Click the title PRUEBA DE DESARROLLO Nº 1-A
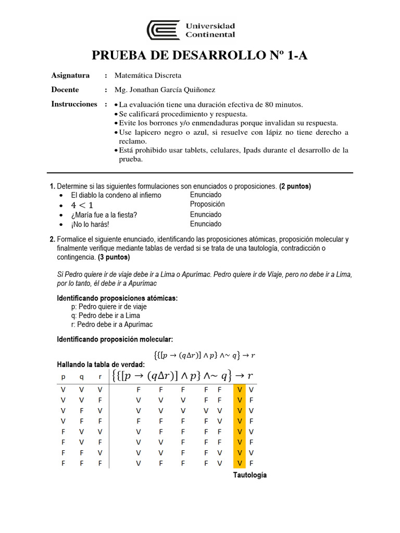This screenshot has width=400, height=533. pyautogui.click(x=199, y=56)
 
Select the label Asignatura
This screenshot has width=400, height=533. pyautogui.click(x=70, y=75)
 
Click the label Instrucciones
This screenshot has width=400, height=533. pyautogui.click(x=74, y=104)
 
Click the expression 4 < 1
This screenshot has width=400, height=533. pyautogui.click(x=82, y=205)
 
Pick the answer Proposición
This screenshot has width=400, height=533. pyautogui.click(x=207, y=205)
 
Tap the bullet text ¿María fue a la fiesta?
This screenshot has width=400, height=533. pyautogui.click(x=104, y=215)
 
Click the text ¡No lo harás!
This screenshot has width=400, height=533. pyautogui.click(x=90, y=225)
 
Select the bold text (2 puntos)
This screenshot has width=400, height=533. pyautogui.click(x=295, y=186)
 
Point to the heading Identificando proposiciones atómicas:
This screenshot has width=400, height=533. pyautogui.click(x=117, y=298)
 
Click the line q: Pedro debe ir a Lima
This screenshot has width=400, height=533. pyautogui.click(x=105, y=315)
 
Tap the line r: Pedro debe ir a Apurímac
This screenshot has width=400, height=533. pyautogui.click(x=112, y=324)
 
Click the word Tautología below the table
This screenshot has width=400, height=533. pyautogui.click(x=249, y=475)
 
